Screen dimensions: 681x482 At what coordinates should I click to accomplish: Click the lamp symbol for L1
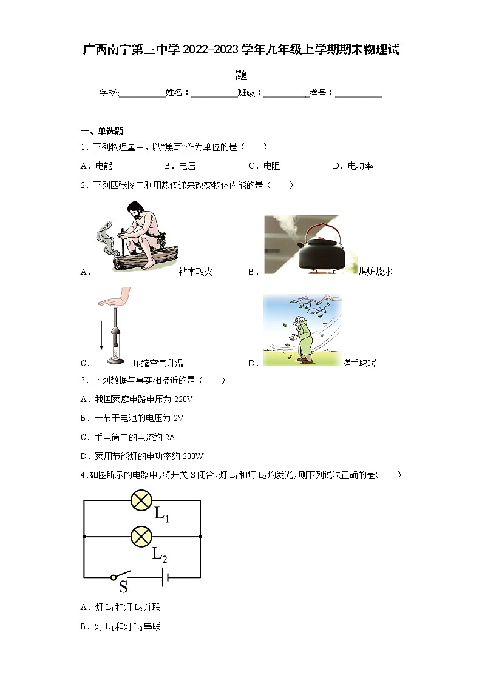click(x=141, y=500)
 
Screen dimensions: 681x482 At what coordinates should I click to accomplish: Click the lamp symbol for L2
click(x=141, y=536)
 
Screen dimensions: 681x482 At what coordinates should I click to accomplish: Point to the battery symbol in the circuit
click(x=165, y=577)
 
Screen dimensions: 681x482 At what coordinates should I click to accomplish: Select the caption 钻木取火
click(x=195, y=272)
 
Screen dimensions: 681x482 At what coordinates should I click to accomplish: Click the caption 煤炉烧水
click(x=375, y=272)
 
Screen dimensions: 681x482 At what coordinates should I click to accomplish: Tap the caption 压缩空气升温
click(x=158, y=364)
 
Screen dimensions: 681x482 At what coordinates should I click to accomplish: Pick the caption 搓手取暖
click(x=359, y=364)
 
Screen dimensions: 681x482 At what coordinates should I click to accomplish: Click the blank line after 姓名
click(x=214, y=93)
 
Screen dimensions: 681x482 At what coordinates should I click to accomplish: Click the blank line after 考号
click(x=358, y=93)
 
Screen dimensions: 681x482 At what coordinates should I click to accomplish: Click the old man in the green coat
click(x=302, y=340)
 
